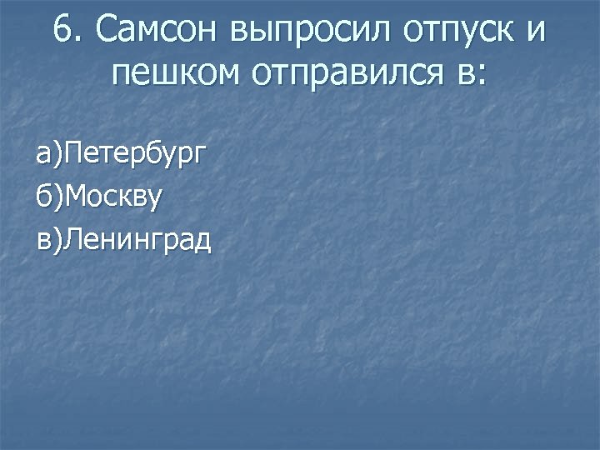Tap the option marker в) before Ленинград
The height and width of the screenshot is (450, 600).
click(x=49, y=241)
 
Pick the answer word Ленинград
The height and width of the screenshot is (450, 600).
click(x=137, y=242)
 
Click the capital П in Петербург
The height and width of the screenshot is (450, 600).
click(x=72, y=153)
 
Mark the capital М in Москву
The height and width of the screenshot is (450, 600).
click(x=74, y=197)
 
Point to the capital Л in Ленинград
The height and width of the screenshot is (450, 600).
click(x=72, y=241)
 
